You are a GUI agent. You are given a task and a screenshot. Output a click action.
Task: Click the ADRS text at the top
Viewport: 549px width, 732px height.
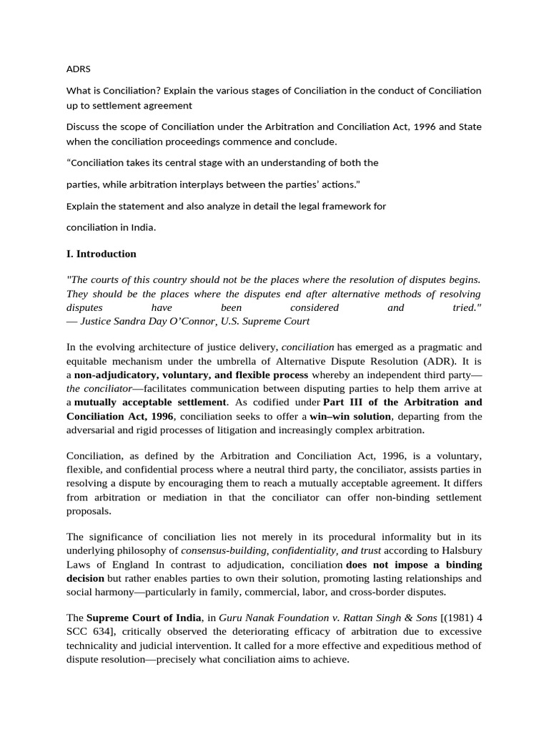tap(78, 69)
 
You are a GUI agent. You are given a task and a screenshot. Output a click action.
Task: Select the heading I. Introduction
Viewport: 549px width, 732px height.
tap(101, 254)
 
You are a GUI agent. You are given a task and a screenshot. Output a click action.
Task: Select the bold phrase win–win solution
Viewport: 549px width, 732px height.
tap(350, 416)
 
